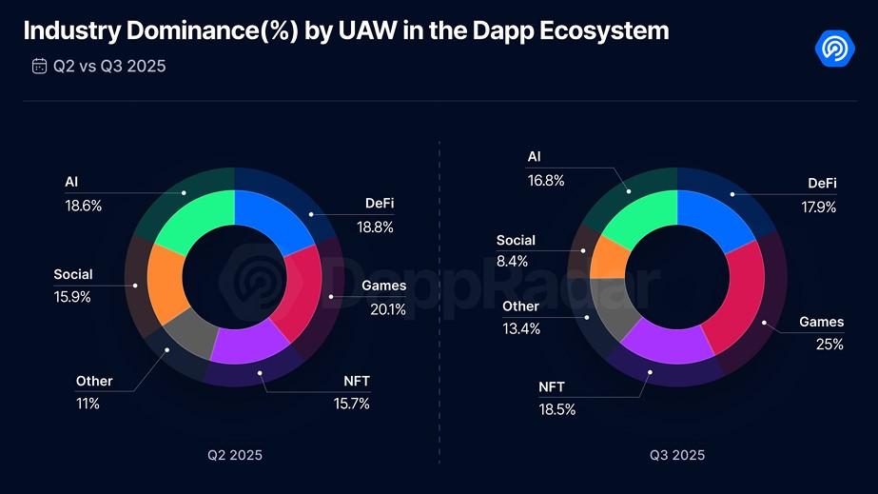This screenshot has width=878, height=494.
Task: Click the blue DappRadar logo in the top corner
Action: [837, 47]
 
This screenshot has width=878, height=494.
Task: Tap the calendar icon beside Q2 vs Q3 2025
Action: [39, 66]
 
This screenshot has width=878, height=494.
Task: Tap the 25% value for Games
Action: [829, 345]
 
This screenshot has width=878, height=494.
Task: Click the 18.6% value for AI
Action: [83, 205]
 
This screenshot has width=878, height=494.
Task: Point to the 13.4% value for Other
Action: [521, 328]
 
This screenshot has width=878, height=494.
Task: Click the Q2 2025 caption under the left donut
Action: [235, 455]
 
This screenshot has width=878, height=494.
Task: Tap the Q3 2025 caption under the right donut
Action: [677, 455]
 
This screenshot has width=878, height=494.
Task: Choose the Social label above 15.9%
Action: [73, 275]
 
